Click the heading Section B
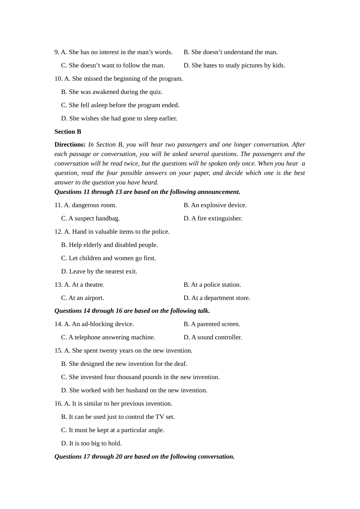click(x=68, y=131)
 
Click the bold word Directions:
click(x=70, y=144)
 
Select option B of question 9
click(x=230, y=52)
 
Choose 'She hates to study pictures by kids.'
click(x=234, y=65)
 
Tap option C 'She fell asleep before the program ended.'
click(x=120, y=105)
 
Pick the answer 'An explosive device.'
click(x=215, y=205)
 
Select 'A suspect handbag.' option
click(x=91, y=218)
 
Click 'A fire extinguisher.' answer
click(x=213, y=218)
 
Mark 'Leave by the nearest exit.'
click(x=99, y=271)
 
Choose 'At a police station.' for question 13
click(x=212, y=284)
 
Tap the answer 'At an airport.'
click(x=83, y=298)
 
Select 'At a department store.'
click(x=217, y=298)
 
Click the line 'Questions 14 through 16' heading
click(x=132, y=311)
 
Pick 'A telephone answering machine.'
click(x=108, y=337)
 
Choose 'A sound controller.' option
click(x=213, y=337)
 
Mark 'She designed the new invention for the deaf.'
click(x=124, y=364)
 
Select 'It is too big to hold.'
click(x=91, y=443)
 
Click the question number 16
click(x=58, y=403)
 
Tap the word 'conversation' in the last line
click(x=217, y=456)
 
